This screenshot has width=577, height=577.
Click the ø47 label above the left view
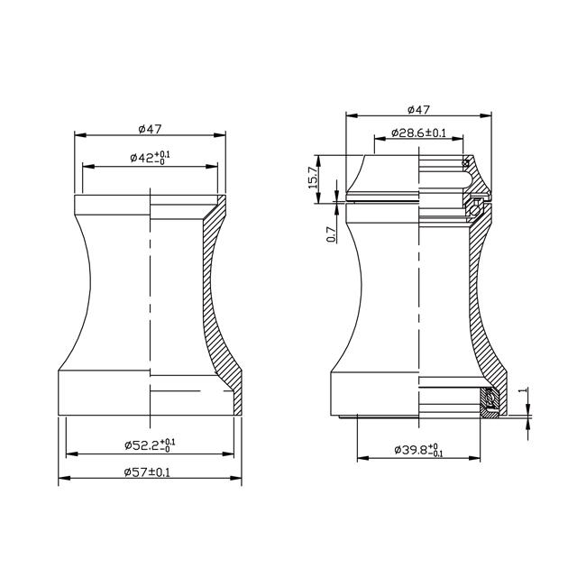point(149,127)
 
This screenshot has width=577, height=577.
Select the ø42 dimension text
point(150,158)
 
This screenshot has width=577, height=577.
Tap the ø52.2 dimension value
point(149,444)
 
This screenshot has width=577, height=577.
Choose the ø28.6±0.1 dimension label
point(420,133)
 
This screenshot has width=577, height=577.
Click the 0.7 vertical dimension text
point(331,234)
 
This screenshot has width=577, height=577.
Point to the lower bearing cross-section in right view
point(491,401)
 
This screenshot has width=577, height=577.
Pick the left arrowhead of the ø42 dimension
point(85,166)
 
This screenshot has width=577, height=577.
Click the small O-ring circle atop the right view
point(467,163)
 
